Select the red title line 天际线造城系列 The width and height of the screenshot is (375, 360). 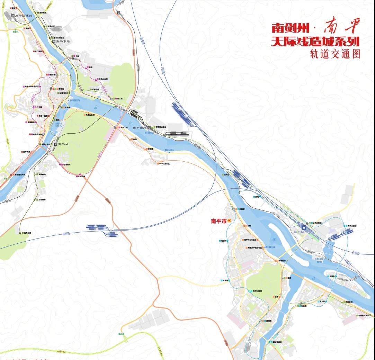tap(315, 42)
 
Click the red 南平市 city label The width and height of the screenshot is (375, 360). tap(218, 221)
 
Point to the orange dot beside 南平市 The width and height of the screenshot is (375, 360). tap(229, 220)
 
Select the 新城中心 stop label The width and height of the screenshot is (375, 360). tap(42, 174)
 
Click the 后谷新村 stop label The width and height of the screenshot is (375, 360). tap(42, 200)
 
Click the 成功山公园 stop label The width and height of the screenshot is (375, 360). tap(257, 291)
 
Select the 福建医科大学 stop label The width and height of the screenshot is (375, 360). tap(365, 316)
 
